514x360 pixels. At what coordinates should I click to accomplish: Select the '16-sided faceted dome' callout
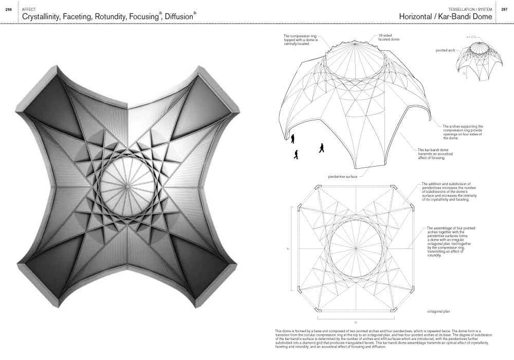pyautogui.click(x=381, y=38)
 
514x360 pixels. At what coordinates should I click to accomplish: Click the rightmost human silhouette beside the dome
pyautogui.click(x=322, y=148)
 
